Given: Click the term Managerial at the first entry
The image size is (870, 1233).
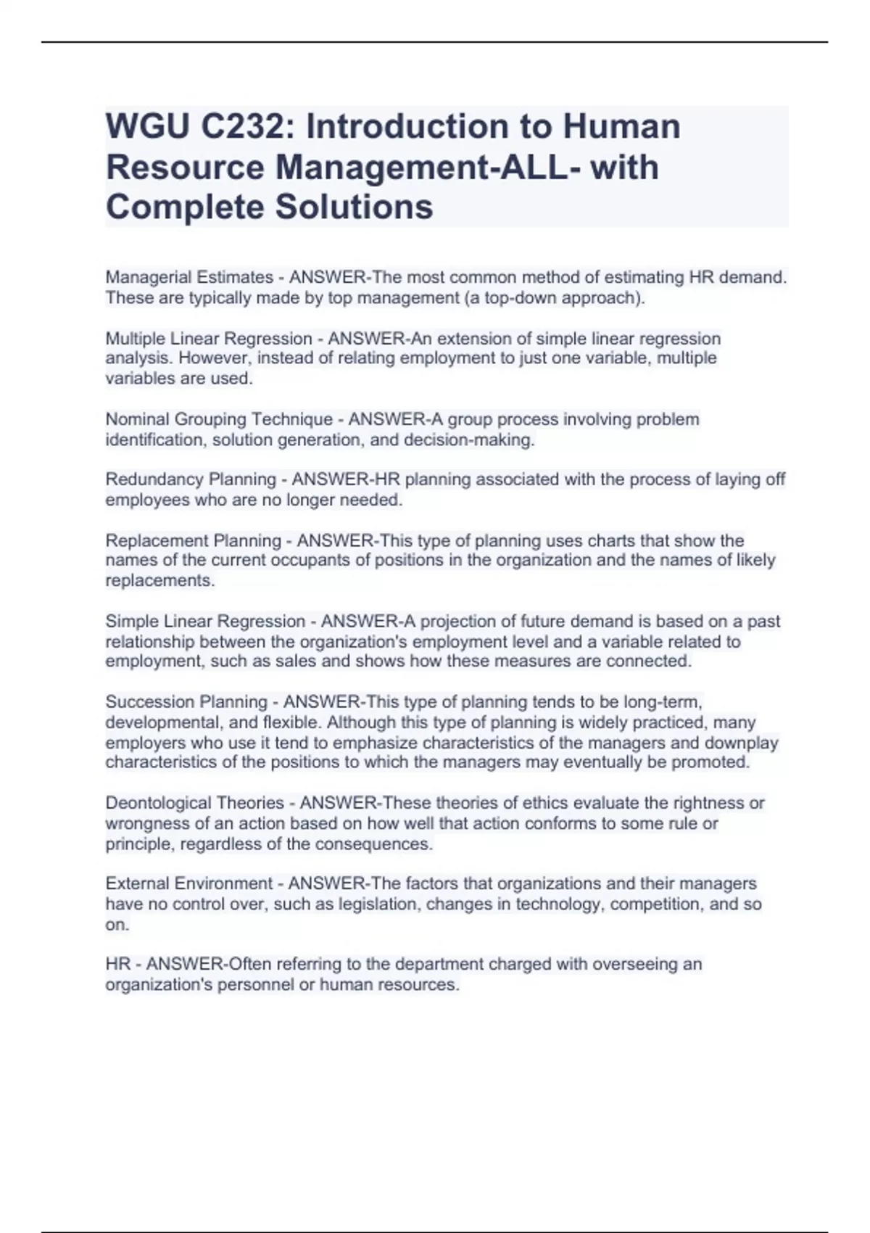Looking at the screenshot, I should (x=144, y=277).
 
